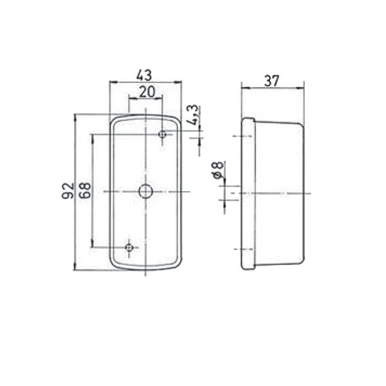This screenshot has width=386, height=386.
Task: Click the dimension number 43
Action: [x=144, y=75]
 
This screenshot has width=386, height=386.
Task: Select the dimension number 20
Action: [x=147, y=91]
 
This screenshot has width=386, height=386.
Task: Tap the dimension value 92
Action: [x=68, y=191]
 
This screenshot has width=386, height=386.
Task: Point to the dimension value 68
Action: [x=85, y=190]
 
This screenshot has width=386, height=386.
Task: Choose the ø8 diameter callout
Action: [x=217, y=170]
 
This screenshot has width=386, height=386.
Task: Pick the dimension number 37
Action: [x=271, y=81]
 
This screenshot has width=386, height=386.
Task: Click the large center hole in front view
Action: [x=146, y=192]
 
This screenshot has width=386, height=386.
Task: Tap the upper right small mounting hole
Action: [x=162, y=134]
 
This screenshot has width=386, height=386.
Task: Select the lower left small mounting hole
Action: [x=129, y=247]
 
